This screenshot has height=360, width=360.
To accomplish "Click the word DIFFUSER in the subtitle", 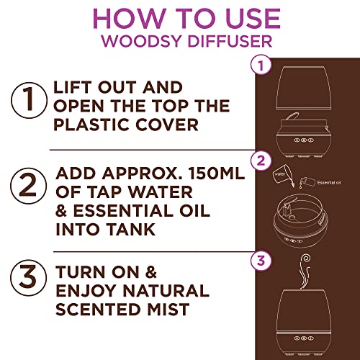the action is click(x=230, y=41).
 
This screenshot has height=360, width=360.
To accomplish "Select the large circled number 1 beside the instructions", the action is click(x=29, y=100).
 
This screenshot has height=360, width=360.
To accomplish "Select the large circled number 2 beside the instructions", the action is click(x=28, y=186).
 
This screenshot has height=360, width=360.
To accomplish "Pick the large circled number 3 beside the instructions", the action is click(x=29, y=277).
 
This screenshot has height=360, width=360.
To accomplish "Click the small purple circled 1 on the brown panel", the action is click(x=261, y=66).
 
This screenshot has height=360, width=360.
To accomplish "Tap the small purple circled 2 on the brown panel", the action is click(x=261, y=161).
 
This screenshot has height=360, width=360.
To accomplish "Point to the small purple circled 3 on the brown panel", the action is click(x=261, y=261).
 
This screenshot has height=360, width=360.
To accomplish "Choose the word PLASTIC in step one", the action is click(x=92, y=125).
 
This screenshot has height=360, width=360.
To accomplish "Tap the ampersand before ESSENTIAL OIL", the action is click(x=61, y=211).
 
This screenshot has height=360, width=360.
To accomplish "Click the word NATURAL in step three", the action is click(x=166, y=290).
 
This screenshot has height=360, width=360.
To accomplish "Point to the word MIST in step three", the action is click(x=168, y=309).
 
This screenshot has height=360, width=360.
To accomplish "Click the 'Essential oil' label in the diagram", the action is click(x=329, y=183).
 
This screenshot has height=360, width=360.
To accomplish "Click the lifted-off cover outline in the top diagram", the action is click(x=304, y=88).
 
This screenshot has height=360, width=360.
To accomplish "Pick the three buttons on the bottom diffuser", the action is click(x=304, y=338).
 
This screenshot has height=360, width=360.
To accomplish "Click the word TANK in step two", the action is click(x=131, y=230).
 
